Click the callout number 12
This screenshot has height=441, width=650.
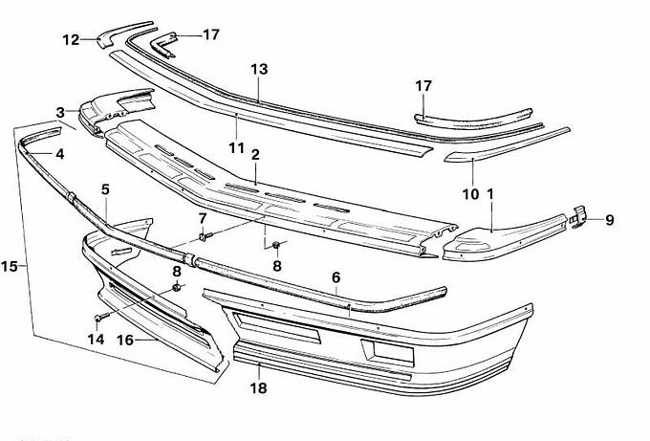click(x=71, y=39)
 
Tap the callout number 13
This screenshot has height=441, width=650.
click(x=259, y=70)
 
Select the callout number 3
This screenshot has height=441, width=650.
click(x=60, y=112)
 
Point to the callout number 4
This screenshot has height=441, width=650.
click(x=59, y=153)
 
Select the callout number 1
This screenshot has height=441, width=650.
click(x=490, y=194)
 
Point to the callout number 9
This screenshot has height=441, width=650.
click(x=609, y=219)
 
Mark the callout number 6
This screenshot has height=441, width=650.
click(x=336, y=277)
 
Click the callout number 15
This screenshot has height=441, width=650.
click(x=11, y=263)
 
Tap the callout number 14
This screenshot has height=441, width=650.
click(x=95, y=339)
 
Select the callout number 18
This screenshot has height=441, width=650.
click(x=259, y=388)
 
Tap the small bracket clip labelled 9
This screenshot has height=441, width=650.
click(x=578, y=219)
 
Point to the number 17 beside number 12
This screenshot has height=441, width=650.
click(x=210, y=34)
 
